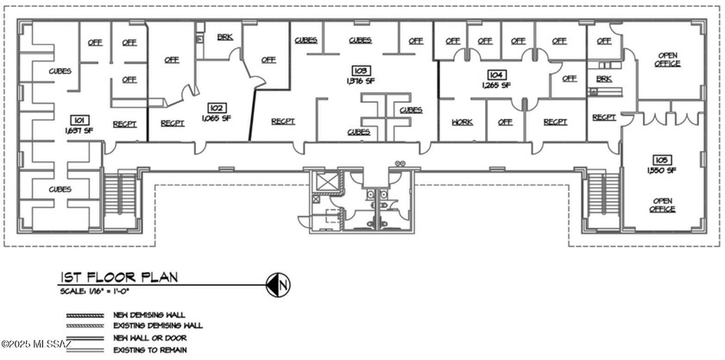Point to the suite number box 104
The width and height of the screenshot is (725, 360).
coord(496,74)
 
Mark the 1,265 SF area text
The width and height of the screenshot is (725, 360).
coord(496,85)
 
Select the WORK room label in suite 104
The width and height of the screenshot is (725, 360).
coord(462,123)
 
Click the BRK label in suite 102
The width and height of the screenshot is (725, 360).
coord(224,37)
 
